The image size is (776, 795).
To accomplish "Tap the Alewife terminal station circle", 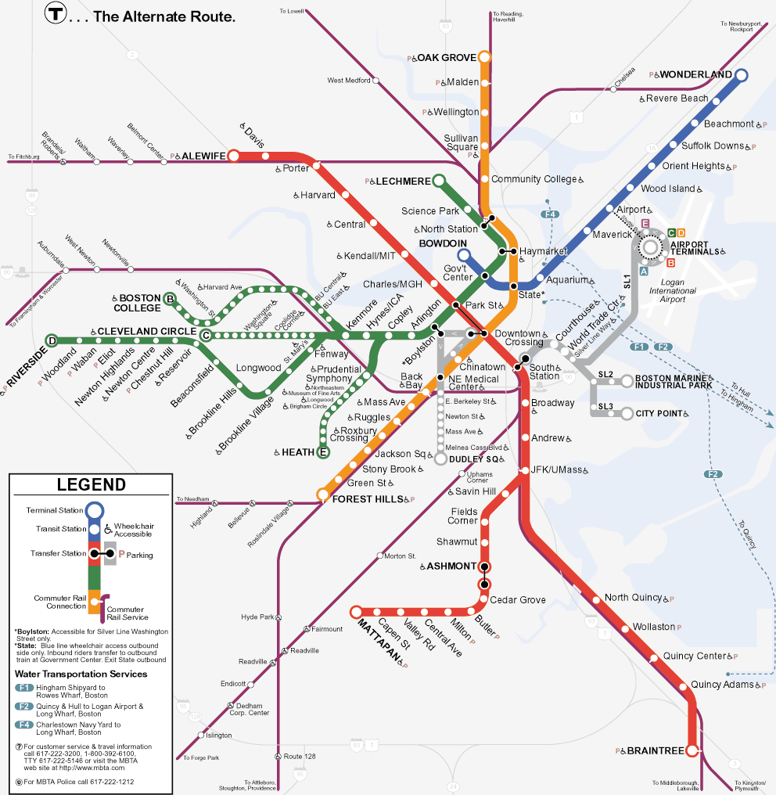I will [x=233, y=156].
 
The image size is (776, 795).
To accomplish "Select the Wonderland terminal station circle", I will [x=741, y=75].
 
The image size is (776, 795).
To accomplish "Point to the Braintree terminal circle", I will [x=692, y=750].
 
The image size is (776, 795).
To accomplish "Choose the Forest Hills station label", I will [x=368, y=499].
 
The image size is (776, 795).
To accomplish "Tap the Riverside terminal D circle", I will [x=52, y=340].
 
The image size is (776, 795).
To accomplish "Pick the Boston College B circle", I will [x=170, y=297].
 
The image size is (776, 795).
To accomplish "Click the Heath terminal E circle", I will [x=322, y=452].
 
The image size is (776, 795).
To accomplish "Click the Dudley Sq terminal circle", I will [x=440, y=459].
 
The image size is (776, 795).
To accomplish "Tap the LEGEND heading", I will [x=91, y=484].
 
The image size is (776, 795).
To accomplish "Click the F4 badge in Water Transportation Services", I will [x=24, y=725].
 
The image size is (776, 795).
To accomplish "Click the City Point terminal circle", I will [x=627, y=413].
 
